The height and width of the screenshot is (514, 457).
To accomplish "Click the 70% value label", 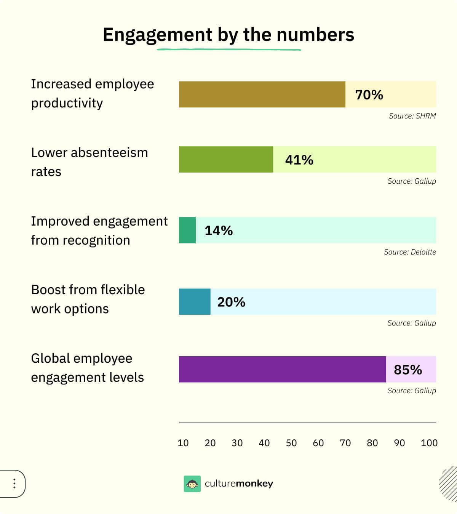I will [369, 94].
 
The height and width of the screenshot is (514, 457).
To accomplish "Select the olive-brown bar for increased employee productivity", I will [262, 94].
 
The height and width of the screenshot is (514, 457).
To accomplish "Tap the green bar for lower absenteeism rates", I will [226, 160].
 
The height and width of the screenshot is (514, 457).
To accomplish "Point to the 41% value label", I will [299, 160].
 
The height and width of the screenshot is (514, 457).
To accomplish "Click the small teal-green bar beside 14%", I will [187, 230].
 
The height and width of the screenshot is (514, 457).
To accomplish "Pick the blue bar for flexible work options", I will [195, 302].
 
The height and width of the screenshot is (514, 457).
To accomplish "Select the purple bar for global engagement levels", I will [282, 369].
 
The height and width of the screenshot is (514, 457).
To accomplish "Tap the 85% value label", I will [407, 370].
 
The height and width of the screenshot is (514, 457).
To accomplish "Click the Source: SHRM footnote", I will [412, 116].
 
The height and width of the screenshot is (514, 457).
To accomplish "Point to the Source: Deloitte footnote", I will [410, 252].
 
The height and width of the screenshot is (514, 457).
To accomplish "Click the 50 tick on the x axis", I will [291, 443].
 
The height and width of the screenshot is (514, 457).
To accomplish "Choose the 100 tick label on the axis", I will [429, 443].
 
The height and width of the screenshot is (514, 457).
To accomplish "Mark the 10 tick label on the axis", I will [183, 443].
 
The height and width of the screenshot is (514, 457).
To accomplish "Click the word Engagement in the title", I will [157, 35].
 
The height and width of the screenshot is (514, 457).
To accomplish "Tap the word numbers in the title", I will [315, 35].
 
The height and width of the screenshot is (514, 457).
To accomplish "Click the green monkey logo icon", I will [192, 484].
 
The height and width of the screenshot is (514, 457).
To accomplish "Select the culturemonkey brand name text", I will [239, 484].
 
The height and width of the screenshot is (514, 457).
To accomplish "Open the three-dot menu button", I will [14, 484].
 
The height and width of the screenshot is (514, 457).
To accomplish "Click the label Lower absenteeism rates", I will [89, 162].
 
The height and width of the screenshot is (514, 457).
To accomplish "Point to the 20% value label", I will [231, 302].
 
